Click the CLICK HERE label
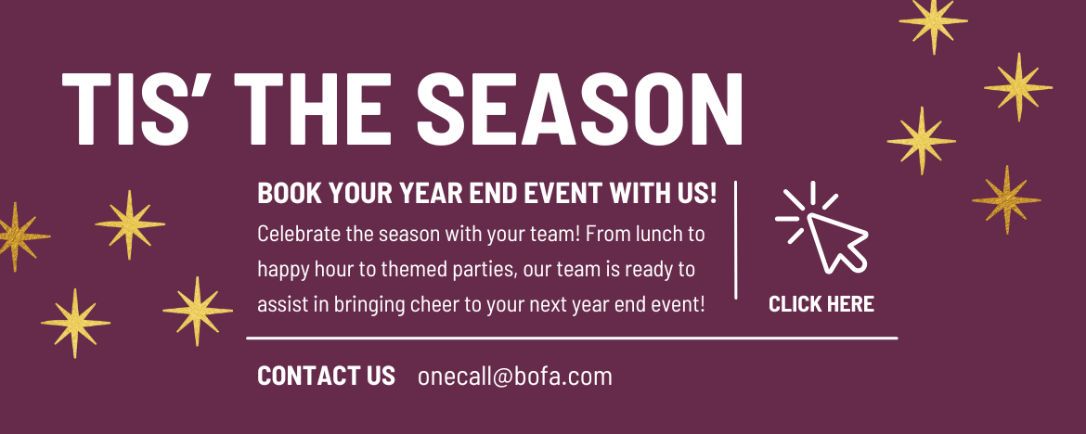(821, 304)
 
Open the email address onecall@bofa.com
(515, 377)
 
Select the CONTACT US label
(326, 376)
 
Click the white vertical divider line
(735, 239)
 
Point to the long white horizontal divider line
(572, 338)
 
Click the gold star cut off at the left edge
(19, 236)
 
